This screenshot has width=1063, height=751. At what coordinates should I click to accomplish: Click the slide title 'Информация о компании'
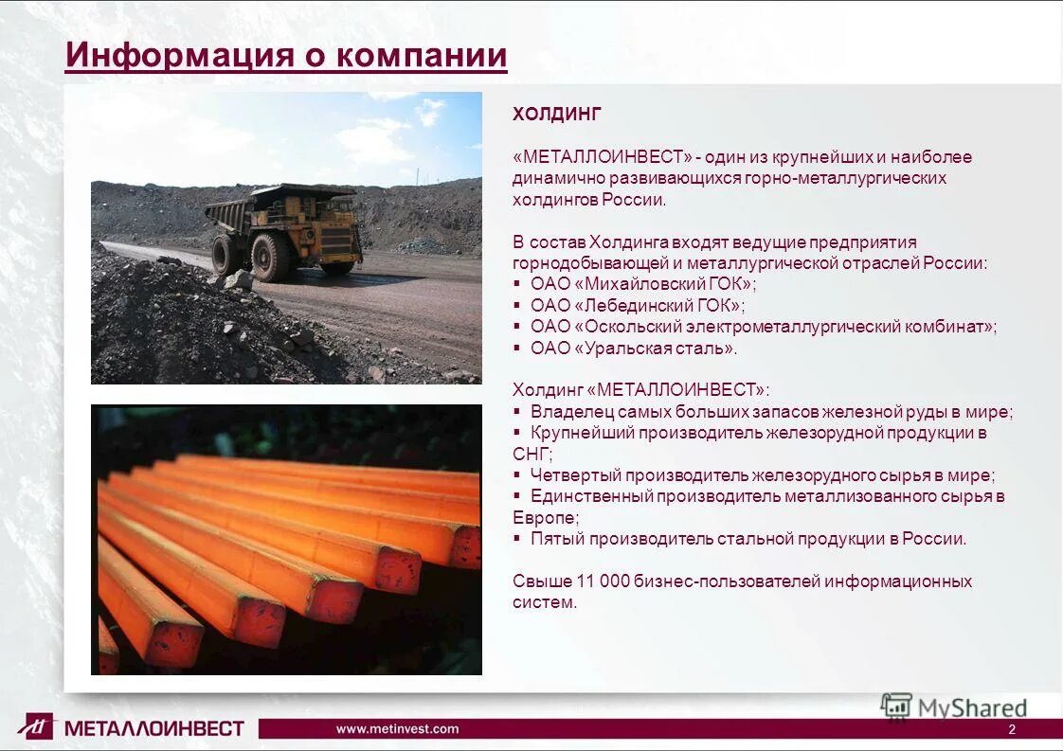click(x=286, y=55)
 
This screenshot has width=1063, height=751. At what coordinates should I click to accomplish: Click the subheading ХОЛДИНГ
click(x=557, y=115)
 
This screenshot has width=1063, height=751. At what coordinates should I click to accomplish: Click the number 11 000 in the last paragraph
click(x=596, y=581)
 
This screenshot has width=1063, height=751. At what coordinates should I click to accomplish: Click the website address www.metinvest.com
click(x=397, y=728)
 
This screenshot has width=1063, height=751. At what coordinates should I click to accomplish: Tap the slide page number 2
click(x=1012, y=729)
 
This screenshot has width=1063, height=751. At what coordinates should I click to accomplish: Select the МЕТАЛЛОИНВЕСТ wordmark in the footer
click(x=154, y=728)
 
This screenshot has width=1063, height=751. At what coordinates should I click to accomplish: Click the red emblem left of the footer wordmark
click(x=37, y=725)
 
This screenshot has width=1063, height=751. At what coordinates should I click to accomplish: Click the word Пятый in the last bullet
click(x=556, y=539)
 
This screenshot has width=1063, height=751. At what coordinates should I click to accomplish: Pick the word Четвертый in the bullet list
click(x=571, y=475)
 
